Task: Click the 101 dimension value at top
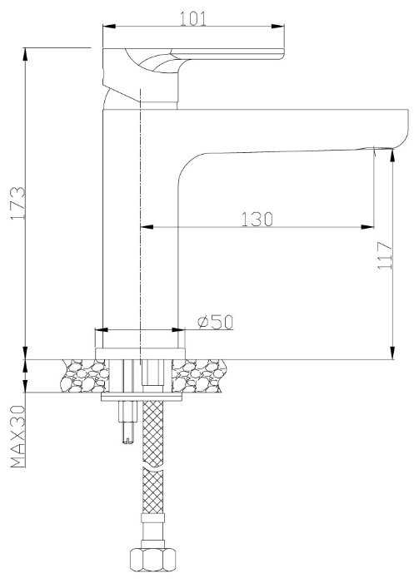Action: tap(193, 18)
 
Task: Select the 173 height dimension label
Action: tap(17, 203)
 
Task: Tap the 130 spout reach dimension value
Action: tap(257, 220)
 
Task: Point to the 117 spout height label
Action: tap(385, 256)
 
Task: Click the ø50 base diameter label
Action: tap(215, 322)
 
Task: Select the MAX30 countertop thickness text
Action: tap(17, 436)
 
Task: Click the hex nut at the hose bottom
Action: tap(153, 560)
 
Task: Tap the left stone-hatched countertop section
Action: tap(84, 376)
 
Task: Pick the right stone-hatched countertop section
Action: tap(199, 376)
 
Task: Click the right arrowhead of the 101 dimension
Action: tap(278, 27)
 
